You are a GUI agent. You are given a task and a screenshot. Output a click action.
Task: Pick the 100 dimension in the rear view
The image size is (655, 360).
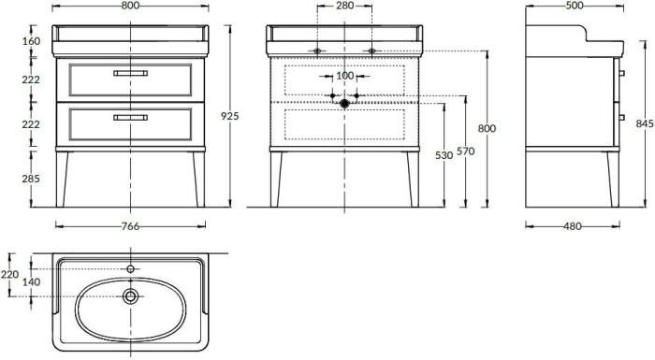pyautogui.click(x=344, y=75)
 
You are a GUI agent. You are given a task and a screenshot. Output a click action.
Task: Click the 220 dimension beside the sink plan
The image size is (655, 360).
pyautogui.click(x=9, y=275)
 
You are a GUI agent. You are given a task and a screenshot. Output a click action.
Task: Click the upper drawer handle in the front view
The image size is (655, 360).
pyautogui.click(x=130, y=73)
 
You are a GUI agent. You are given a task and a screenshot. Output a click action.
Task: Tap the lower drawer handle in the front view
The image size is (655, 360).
pyautogui.click(x=130, y=117)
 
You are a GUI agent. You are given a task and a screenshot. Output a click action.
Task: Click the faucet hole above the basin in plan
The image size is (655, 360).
pyautogui.click(x=130, y=269)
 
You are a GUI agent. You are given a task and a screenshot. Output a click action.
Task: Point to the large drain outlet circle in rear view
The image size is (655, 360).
pyautogui.click(x=344, y=105)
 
